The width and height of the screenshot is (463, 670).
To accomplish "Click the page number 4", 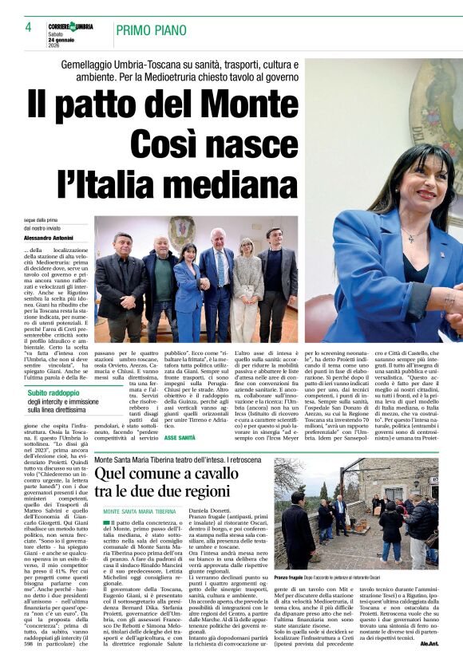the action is [27, 27].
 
